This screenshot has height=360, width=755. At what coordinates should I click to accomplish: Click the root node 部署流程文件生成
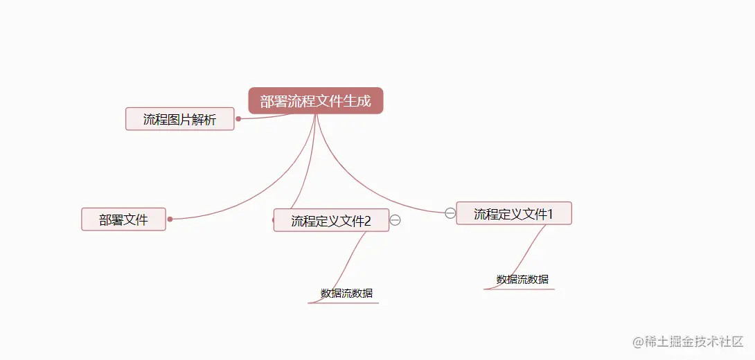click(315, 101)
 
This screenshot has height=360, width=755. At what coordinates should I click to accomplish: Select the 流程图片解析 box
click(179, 119)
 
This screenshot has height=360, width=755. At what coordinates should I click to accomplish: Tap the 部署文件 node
click(123, 219)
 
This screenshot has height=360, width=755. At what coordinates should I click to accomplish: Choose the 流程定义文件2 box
click(331, 221)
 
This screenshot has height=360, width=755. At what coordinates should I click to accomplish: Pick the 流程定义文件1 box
click(513, 214)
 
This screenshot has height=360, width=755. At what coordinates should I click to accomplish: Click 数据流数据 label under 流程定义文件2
click(346, 294)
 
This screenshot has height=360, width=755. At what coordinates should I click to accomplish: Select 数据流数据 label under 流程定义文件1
click(522, 280)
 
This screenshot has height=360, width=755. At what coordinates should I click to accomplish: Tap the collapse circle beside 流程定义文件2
click(396, 220)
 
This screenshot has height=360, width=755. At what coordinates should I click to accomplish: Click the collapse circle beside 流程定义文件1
click(450, 213)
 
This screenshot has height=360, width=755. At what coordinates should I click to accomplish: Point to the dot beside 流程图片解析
click(238, 118)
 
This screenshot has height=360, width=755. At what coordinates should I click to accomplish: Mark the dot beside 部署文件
click(170, 219)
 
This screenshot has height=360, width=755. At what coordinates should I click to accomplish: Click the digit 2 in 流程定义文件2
click(368, 222)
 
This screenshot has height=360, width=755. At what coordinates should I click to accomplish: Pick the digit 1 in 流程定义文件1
click(551, 214)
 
